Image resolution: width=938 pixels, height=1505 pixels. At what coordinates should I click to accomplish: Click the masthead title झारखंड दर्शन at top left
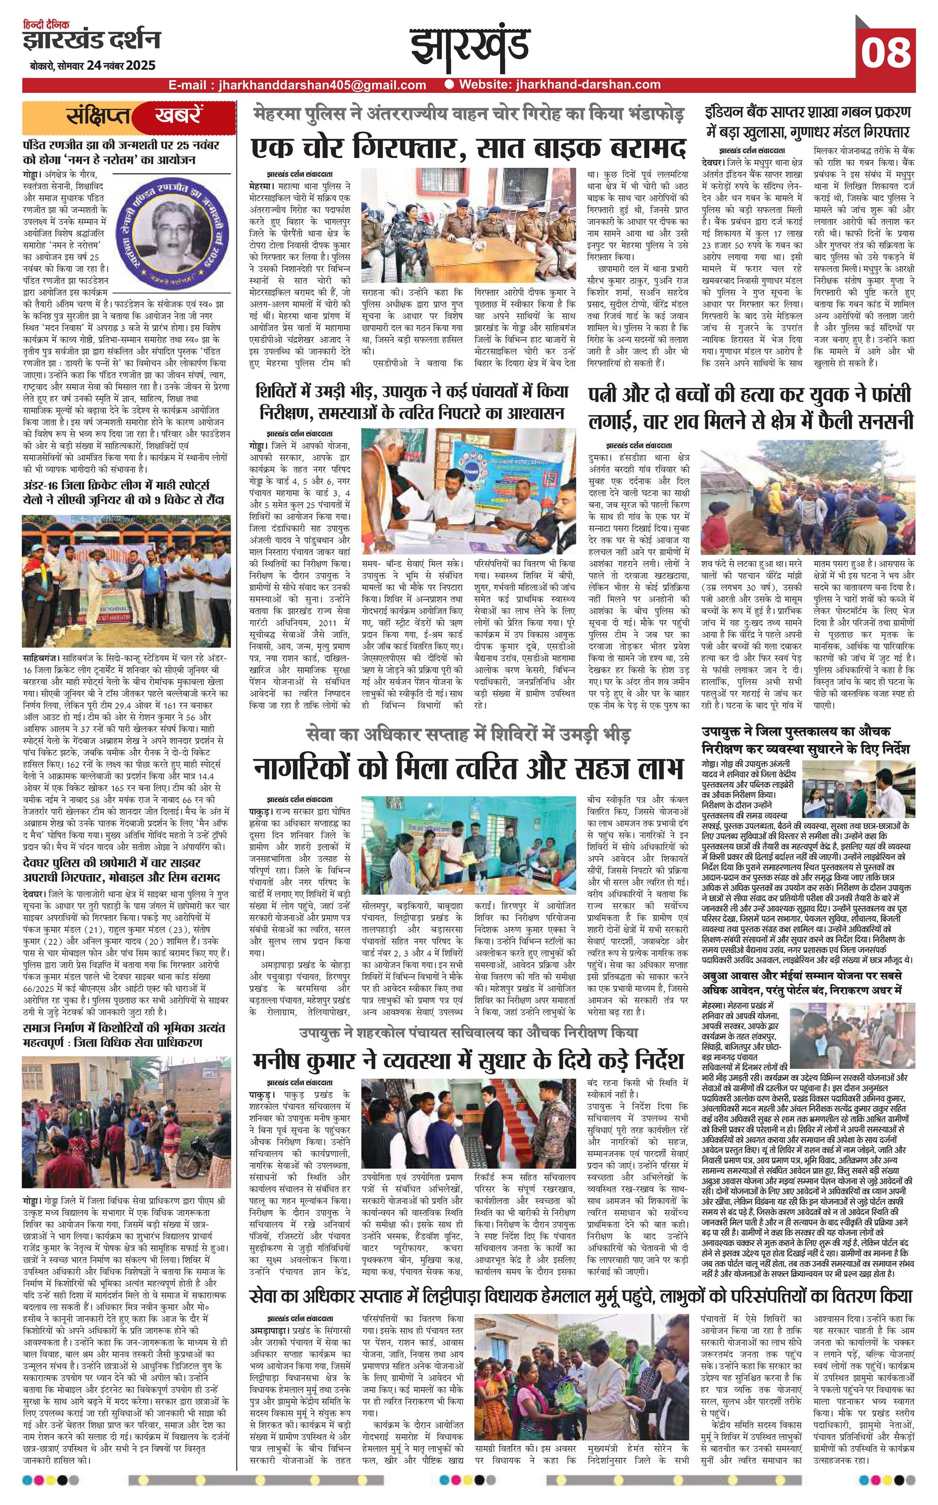point(91,40)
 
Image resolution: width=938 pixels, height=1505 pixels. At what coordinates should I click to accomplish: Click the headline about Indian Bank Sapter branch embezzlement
point(807,123)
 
